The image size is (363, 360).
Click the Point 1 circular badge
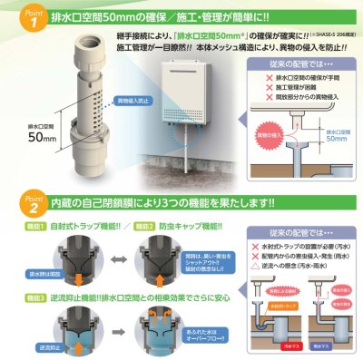point(17,18)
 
